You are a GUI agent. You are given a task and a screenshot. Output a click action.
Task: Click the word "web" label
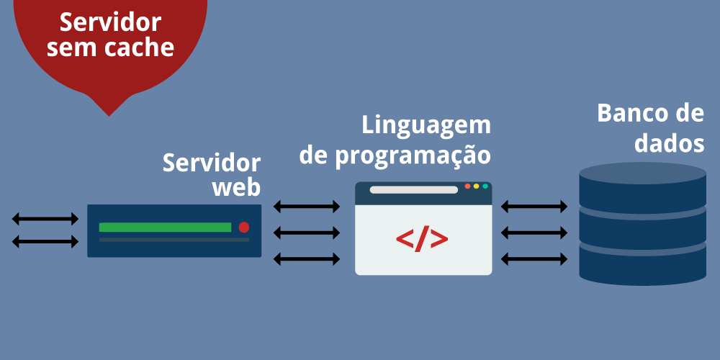tap(236, 186)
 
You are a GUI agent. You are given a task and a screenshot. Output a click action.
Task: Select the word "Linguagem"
tap(426, 125)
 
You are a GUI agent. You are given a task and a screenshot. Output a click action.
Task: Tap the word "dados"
tap(669, 143)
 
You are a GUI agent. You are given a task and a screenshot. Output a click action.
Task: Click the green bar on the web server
tap(165, 227)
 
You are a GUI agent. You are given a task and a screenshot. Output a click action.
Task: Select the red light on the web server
tap(244, 227)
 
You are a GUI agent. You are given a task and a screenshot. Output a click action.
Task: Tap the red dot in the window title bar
tap(467, 186)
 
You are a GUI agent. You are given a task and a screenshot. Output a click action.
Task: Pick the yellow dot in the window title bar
tap(477, 186)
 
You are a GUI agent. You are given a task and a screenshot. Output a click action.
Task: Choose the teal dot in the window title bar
tap(485, 186)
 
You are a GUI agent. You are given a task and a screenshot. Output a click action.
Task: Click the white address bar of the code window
tap(414, 190)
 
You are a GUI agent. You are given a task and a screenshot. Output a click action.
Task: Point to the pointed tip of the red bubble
tap(109, 114)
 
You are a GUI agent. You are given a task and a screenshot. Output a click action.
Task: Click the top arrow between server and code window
tap(307, 207)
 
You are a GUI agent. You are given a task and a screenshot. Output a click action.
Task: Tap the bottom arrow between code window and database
tap(534, 258)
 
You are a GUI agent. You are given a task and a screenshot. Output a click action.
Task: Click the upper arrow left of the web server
tap(45, 218)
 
